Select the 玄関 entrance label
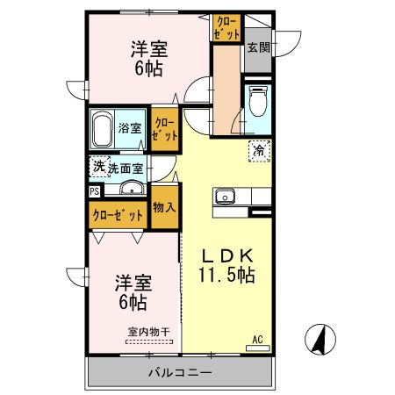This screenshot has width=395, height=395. [x=257, y=48]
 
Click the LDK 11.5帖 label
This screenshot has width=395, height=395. [x=226, y=264]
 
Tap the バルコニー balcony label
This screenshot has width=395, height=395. [x=179, y=372]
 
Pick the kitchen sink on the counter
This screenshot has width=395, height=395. [x=223, y=197]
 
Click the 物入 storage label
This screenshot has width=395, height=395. [x=163, y=208]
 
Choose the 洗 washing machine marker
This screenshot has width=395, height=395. [x=98, y=166]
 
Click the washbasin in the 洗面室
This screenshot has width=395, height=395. [x=133, y=188]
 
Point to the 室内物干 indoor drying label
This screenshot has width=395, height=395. [x=149, y=331]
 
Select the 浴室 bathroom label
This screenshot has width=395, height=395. [x=131, y=128]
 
